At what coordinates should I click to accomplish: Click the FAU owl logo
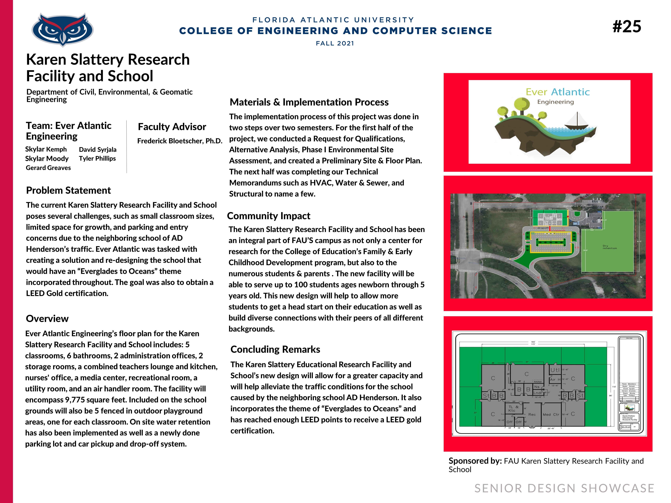pos(62,30)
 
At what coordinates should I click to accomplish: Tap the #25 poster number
pos(627,27)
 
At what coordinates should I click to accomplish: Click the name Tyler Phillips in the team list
pos(97,159)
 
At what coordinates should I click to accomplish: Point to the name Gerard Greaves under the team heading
pos(48,168)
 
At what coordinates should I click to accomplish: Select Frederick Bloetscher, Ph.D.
pos(180,141)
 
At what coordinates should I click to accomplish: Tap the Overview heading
pos(47,319)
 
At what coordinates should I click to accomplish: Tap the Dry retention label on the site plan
pos(609,247)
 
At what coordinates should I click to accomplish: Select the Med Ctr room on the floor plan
pos(551,415)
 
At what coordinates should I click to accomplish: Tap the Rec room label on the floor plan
pos(532,415)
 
